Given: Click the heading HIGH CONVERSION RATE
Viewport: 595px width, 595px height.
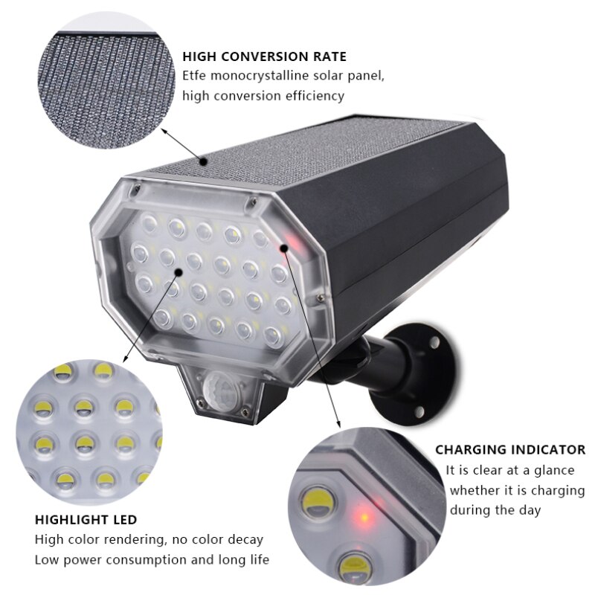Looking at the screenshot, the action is tap(264, 57).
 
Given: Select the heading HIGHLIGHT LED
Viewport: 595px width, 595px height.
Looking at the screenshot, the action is tap(86, 519).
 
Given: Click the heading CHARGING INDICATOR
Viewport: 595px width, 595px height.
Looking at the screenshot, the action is tap(510, 450).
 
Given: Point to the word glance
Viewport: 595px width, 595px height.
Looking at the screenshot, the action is tap(554, 471).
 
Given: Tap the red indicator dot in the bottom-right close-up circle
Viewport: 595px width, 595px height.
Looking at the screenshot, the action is tap(364, 517).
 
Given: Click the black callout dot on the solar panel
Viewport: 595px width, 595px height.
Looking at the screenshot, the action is tap(204, 162).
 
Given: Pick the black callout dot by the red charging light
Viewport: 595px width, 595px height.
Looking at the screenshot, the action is tap(283, 248).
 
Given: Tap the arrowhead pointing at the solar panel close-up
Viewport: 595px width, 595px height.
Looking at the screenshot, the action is tap(164, 131).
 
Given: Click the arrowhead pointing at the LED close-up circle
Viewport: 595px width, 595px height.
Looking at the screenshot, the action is tap(126, 358).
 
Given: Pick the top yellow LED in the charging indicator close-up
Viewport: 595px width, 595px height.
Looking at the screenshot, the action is tap(318, 501).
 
